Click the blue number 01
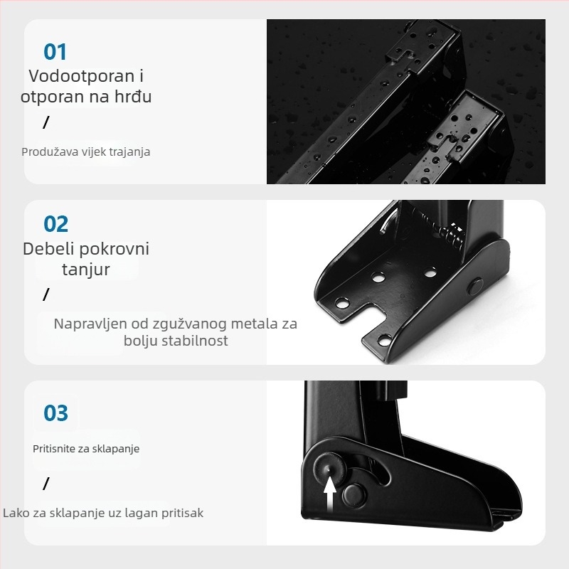55,52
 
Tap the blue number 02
56,224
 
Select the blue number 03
56,413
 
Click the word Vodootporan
77,76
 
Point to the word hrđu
132,97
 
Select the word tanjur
86,270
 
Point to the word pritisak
183,514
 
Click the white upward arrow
330,494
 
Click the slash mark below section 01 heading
46,122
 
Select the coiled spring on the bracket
450,236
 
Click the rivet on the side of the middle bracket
475,286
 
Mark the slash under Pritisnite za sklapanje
46,484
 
